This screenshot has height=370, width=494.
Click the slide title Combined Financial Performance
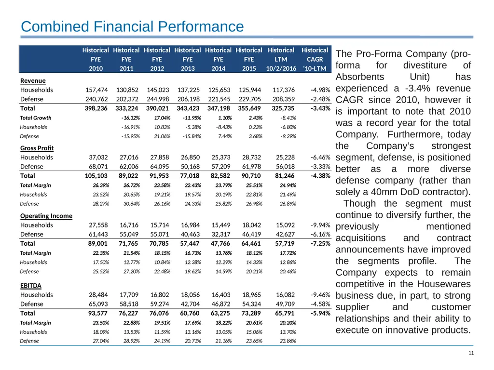[132, 26]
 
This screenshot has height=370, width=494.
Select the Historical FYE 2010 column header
[96, 59]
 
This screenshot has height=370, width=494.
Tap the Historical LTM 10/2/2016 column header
[281, 59]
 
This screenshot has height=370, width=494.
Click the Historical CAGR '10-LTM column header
[315, 59]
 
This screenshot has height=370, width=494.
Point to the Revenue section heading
[33, 81]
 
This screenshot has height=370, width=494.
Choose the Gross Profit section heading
[37, 148]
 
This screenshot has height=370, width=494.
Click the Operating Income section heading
[46, 216]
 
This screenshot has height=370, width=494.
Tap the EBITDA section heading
[31, 286]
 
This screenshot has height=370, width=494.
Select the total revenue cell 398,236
[96, 108]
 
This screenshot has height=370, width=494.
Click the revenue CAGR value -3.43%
[320, 108]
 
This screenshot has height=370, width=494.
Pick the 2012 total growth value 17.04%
[162, 118]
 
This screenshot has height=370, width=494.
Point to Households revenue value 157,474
[96, 90]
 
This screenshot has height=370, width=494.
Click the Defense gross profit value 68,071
[98, 166]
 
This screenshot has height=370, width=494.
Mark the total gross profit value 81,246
[285, 176]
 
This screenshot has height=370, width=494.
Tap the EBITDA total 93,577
[98, 313]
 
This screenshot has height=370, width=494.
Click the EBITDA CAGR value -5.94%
[320, 313]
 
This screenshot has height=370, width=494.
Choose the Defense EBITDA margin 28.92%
[132, 341]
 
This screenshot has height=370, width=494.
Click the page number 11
[471, 353]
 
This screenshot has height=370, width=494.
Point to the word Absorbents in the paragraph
[360, 77]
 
